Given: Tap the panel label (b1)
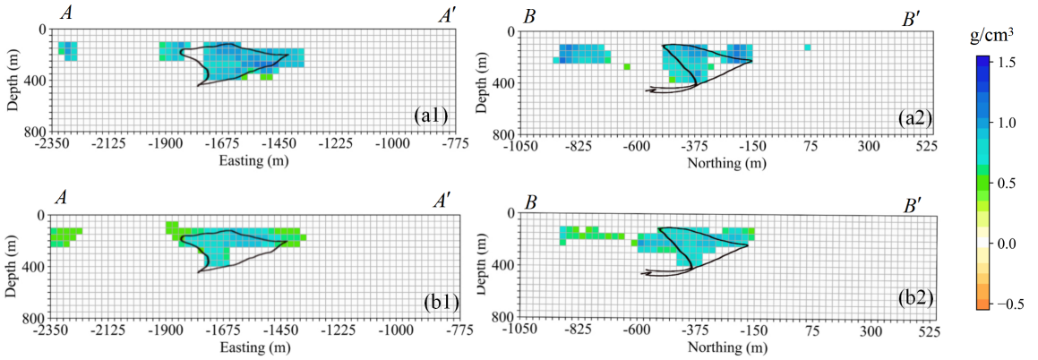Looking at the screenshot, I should click(x=440, y=301).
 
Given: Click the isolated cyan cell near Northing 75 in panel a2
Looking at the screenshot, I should click(x=808, y=47).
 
